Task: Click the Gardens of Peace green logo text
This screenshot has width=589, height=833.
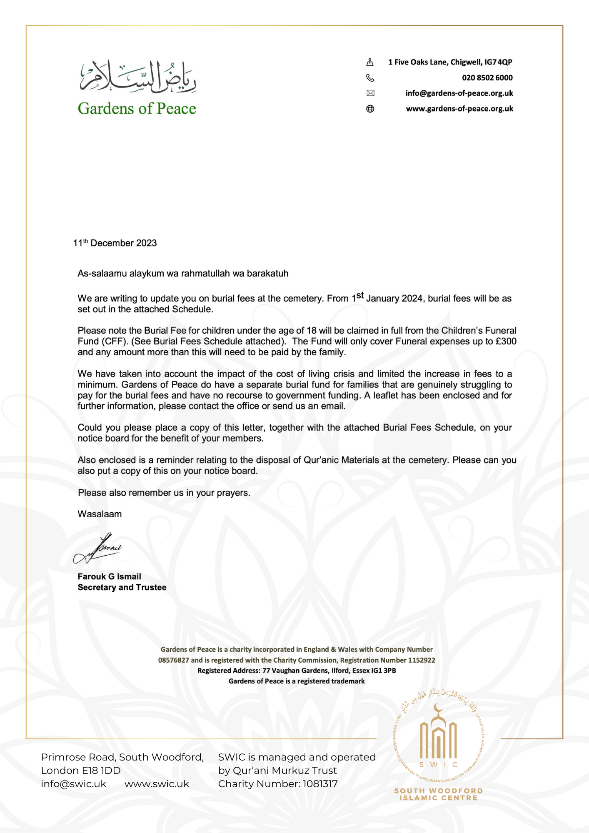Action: click(x=137, y=109)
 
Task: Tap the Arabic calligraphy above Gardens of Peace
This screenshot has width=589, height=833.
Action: click(x=138, y=77)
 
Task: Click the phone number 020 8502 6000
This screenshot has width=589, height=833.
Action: click(x=487, y=78)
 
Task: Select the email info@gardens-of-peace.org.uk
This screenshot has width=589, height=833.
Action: click(x=459, y=93)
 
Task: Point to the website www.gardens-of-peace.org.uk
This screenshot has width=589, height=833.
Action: click(x=459, y=109)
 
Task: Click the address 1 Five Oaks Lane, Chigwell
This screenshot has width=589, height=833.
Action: click(x=450, y=62)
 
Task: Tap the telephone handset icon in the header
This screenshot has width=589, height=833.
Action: click(x=370, y=78)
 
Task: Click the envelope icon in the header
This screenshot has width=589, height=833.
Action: click(x=370, y=93)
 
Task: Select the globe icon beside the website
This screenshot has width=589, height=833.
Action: click(x=370, y=109)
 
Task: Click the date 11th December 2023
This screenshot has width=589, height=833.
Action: click(x=115, y=243)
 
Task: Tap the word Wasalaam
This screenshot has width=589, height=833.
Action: click(x=100, y=514)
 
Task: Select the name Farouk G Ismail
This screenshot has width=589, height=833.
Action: click(x=109, y=576)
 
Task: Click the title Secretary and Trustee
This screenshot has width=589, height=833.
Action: click(x=122, y=587)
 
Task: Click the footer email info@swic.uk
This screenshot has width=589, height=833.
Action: click(x=73, y=784)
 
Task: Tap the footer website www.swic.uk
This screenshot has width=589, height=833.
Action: click(x=157, y=784)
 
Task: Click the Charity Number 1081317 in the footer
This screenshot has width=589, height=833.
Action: click(x=278, y=784)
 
